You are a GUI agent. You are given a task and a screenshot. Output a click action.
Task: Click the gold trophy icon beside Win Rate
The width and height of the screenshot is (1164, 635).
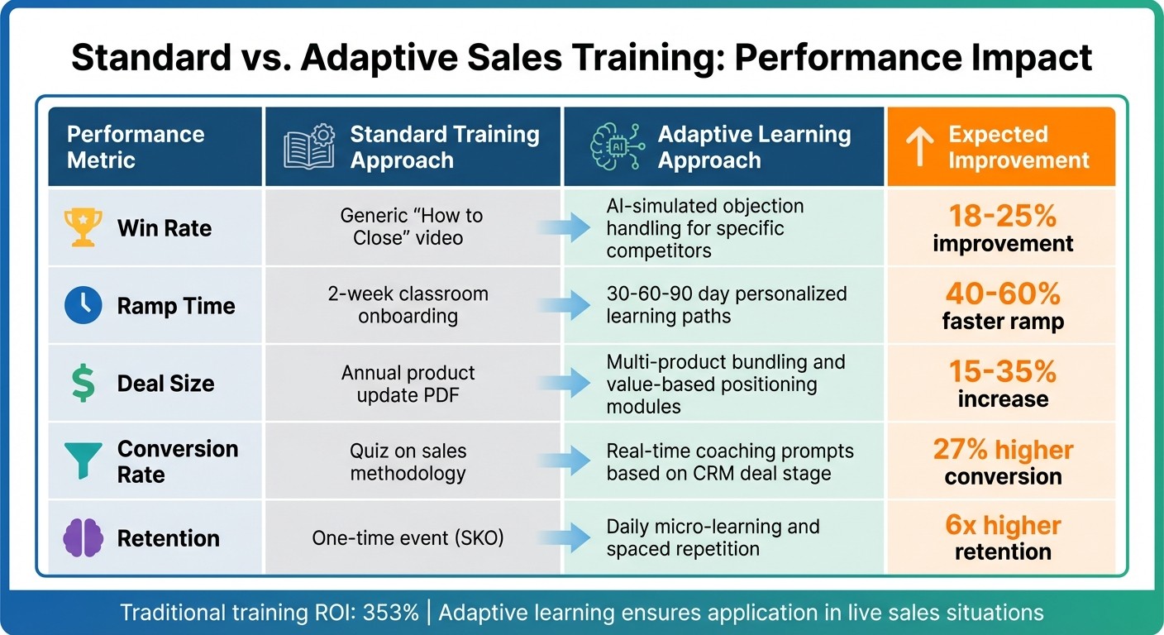[x=83, y=227]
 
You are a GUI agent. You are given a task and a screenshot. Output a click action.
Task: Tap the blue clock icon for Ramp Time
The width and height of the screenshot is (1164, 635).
[x=83, y=306]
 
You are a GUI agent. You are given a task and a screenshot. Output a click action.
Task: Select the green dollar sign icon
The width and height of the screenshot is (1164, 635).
[x=83, y=384]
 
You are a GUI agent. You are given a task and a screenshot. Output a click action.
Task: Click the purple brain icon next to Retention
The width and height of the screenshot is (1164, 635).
[x=83, y=538]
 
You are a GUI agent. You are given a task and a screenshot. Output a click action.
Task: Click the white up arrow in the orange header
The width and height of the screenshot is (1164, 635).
[x=918, y=147]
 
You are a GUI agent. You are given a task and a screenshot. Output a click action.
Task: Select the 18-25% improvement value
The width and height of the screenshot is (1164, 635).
[x=1002, y=228]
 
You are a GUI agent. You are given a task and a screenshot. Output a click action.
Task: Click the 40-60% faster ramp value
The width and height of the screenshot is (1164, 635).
[x=1002, y=306]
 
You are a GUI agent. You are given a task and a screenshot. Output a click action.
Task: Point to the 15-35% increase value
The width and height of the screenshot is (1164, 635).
[x=1002, y=384]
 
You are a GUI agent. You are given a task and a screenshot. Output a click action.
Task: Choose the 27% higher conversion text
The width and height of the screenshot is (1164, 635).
[x=1002, y=461]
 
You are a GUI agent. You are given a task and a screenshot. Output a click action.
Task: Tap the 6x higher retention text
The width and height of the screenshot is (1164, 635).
[x=1002, y=537]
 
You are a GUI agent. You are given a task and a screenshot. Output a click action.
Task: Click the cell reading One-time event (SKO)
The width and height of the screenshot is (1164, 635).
[x=408, y=538]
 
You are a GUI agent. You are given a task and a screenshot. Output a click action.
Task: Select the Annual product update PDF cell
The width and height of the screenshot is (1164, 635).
[x=408, y=384]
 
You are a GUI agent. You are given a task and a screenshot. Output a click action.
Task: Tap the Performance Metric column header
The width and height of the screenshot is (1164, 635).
[x=136, y=146]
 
